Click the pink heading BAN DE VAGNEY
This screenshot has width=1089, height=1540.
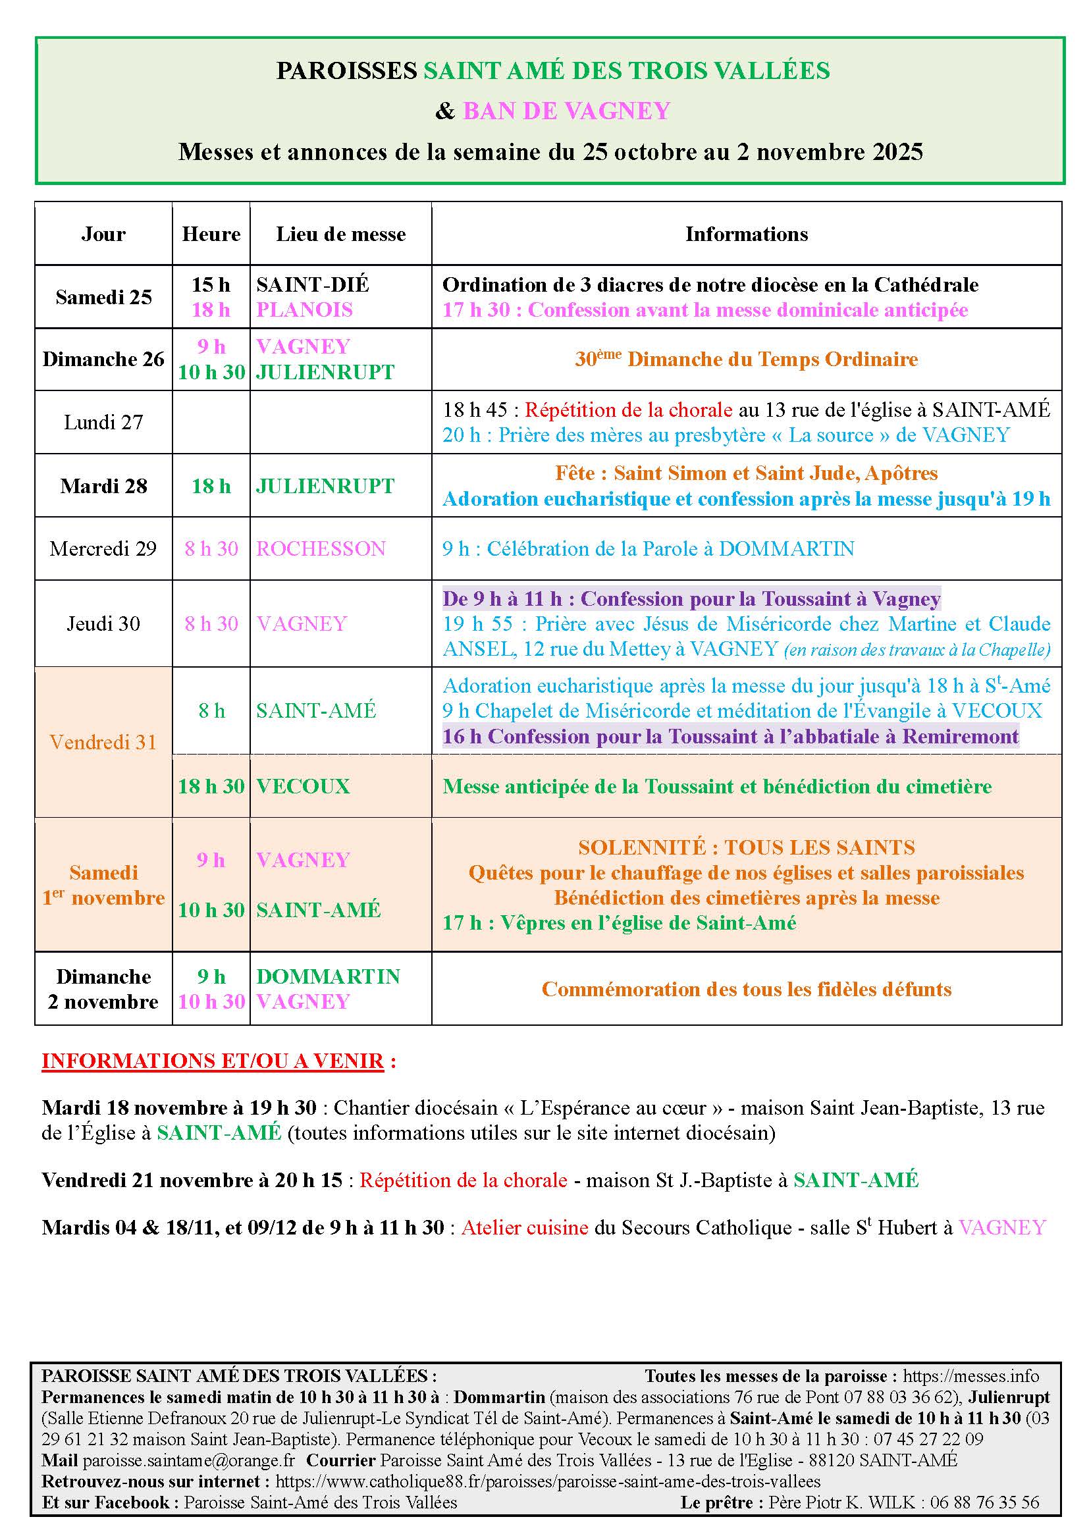tap(566, 111)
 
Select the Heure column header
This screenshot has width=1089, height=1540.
tap(211, 234)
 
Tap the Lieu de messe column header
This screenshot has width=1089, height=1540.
tap(340, 234)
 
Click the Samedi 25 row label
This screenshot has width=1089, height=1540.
tap(103, 297)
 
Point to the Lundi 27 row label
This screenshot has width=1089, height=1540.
tap(103, 422)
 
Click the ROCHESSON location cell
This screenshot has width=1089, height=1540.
tap(321, 548)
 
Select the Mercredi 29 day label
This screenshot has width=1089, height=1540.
tap(103, 548)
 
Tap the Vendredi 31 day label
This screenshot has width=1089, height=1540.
tap(103, 742)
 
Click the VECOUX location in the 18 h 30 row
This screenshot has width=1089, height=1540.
tap(303, 786)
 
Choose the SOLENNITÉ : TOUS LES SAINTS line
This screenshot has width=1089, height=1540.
tap(747, 847)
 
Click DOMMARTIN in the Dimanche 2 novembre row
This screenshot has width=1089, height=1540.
tap(328, 976)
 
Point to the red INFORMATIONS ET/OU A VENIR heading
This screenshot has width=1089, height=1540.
tap(213, 1061)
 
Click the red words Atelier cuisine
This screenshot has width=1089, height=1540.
tap(525, 1227)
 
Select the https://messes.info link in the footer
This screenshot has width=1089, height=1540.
tap(970, 1376)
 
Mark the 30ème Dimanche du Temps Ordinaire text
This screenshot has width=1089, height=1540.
tap(747, 359)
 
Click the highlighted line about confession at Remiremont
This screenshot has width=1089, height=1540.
tap(730, 737)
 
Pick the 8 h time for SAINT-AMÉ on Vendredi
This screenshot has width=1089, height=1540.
tap(211, 710)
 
